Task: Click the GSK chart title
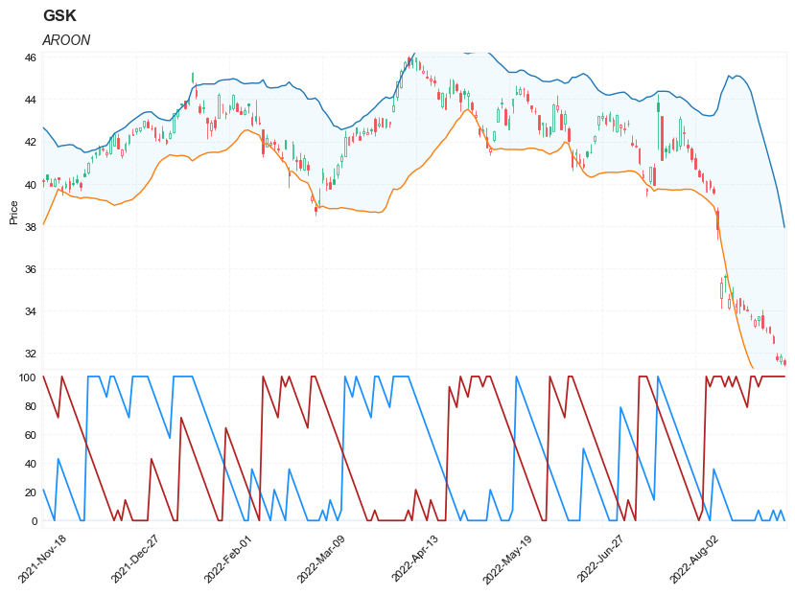(59, 16)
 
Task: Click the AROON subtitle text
(66, 40)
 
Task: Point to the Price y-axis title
(13, 212)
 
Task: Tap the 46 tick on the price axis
(31, 57)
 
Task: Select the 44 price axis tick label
(31, 100)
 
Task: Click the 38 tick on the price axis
(31, 227)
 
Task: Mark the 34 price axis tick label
(31, 311)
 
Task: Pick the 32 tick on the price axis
(31, 354)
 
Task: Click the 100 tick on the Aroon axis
(28, 378)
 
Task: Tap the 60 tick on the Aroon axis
(31, 435)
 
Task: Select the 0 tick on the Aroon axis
(34, 521)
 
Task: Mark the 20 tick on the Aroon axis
(31, 492)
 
